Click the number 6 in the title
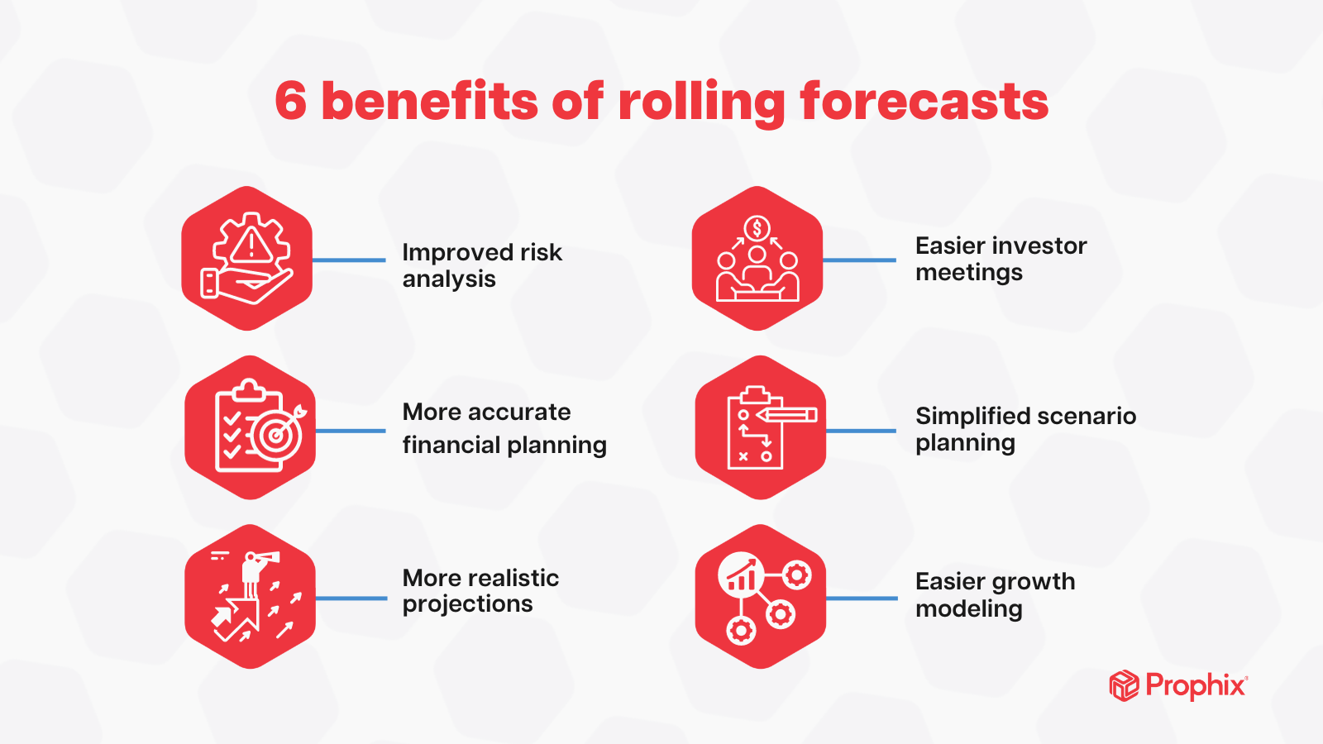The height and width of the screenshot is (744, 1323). tap(291, 102)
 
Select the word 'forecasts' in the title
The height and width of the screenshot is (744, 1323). tap(924, 102)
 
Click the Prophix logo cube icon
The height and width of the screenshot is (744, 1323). tap(1124, 686)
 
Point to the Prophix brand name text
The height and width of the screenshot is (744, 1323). tap(1196, 686)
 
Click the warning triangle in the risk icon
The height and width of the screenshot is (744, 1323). tap(251, 246)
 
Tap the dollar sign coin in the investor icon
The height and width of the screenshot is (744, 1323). tap(757, 227)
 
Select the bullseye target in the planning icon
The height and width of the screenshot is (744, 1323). tap(276, 433)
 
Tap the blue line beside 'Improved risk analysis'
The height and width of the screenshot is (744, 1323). tap(349, 260)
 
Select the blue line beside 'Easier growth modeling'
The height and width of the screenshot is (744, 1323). tap(862, 598)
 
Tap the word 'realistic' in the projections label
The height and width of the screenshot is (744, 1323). tap(513, 578)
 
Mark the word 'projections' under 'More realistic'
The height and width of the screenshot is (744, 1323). tap(467, 605)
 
